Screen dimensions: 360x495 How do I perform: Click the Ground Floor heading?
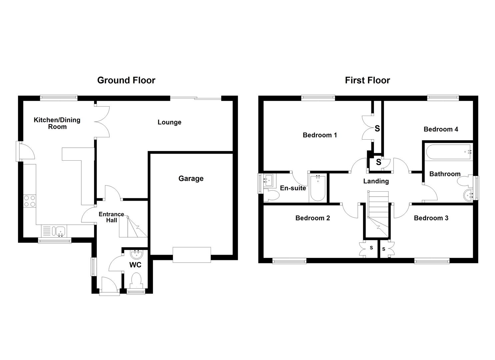tap(126, 80)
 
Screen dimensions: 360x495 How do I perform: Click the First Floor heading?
tap(367, 80)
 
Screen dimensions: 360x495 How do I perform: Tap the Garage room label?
tap(191, 179)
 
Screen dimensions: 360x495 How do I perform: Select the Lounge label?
tap(169, 122)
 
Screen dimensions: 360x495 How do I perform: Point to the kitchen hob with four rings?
tap(29, 201)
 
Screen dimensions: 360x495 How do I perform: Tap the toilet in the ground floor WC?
tap(137, 280)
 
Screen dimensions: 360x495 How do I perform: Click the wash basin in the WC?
tap(136, 255)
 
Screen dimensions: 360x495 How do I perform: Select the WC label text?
tap(135, 265)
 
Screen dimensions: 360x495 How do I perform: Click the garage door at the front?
tap(192, 255)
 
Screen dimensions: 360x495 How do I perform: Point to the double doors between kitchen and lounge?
tap(102, 122)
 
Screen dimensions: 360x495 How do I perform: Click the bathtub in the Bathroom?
tap(449, 152)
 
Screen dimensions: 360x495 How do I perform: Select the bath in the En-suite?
tap(318, 189)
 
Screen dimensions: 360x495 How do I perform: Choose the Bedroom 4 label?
tap(440, 129)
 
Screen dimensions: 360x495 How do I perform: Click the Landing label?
tap(376, 181)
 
